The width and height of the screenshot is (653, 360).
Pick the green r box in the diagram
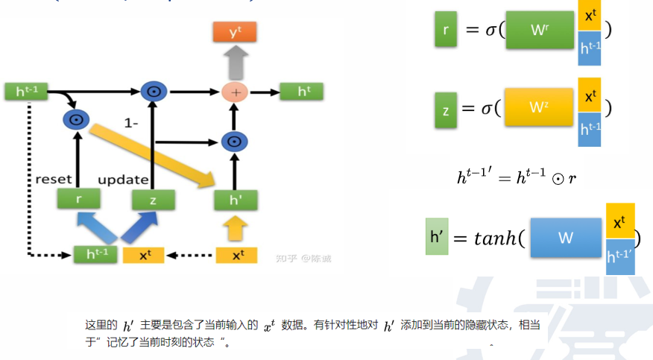pyautogui.click(x=78, y=199)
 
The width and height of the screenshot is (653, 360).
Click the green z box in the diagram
pyautogui.click(x=153, y=199)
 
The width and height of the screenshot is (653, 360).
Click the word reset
pyautogui.click(x=54, y=179)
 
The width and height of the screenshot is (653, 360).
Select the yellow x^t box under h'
pyautogui.click(x=238, y=255)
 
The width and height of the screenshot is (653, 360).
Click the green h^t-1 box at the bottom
pyautogui.click(x=95, y=255)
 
